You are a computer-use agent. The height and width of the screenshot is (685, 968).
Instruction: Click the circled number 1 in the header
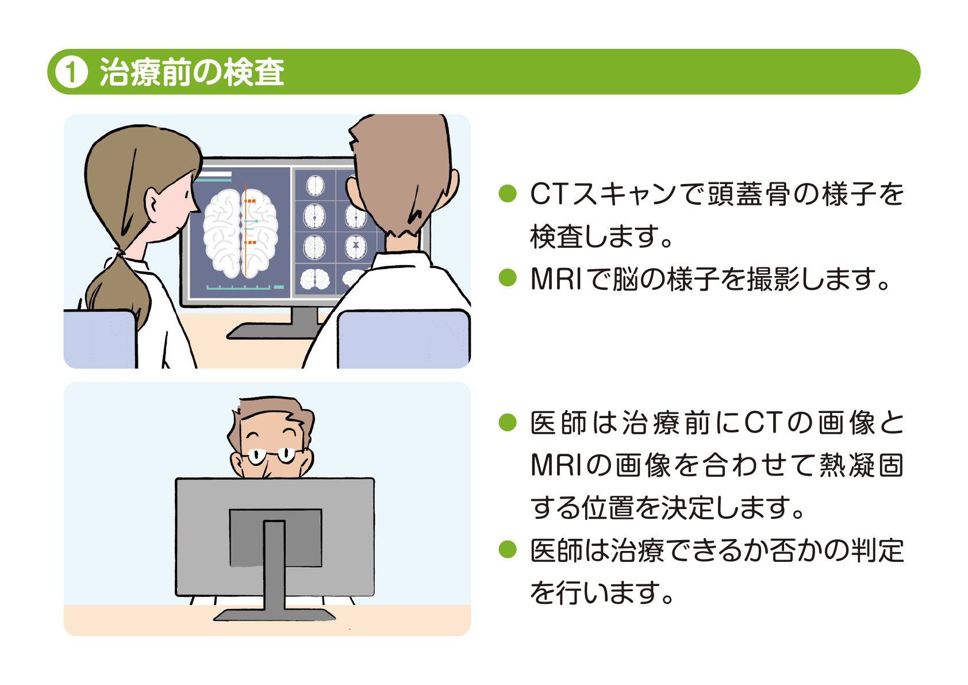pyautogui.click(x=71, y=72)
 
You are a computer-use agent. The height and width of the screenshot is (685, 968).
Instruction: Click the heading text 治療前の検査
pyautogui.click(x=192, y=72)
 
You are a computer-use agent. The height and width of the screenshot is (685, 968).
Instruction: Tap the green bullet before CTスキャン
pyautogui.click(x=508, y=193)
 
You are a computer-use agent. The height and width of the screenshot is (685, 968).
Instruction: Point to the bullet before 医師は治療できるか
pyautogui.click(x=508, y=549)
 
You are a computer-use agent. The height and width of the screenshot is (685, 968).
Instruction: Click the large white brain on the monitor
pyautogui.click(x=240, y=233)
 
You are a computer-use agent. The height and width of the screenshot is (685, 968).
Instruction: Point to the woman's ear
pyautogui.click(x=154, y=204)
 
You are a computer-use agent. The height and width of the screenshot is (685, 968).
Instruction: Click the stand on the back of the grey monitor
pyautogui.click(x=275, y=567)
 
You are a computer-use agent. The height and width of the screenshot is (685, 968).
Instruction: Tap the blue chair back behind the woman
pyautogui.click(x=99, y=339)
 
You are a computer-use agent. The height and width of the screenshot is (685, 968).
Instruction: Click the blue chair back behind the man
pyautogui.click(x=403, y=339)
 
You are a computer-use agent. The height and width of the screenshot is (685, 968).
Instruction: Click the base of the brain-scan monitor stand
pyautogui.click(x=270, y=331)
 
